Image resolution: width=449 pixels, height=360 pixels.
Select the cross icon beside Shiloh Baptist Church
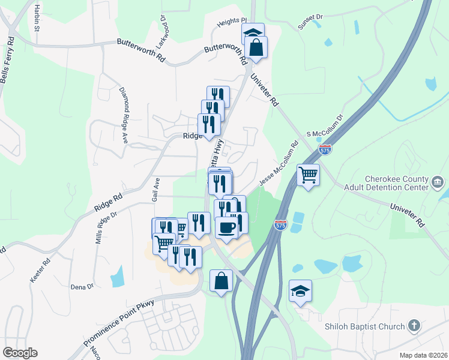click(x=413, y=326)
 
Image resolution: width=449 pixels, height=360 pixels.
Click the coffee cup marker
click(x=226, y=227)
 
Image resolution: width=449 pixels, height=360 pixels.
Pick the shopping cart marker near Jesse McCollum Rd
click(x=308, y=175)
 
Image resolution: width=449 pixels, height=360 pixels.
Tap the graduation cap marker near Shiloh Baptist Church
click(x=300, y=291)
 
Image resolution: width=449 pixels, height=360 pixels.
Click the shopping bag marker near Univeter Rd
click(x=256, y=49)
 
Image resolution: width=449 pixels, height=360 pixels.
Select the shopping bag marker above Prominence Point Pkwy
click(x=221, y=280)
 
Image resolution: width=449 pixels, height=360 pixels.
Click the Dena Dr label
click(x=82, y=287)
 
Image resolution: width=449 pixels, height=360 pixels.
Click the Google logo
click(x=20, y=353)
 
